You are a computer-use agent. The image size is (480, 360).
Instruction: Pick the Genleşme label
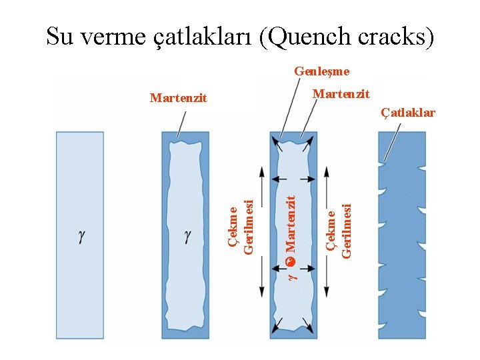322,71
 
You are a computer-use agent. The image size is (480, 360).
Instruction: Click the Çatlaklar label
408,112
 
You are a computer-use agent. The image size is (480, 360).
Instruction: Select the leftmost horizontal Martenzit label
179,99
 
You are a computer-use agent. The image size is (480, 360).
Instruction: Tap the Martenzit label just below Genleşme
341,94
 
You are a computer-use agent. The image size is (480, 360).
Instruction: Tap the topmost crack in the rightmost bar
384,162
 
